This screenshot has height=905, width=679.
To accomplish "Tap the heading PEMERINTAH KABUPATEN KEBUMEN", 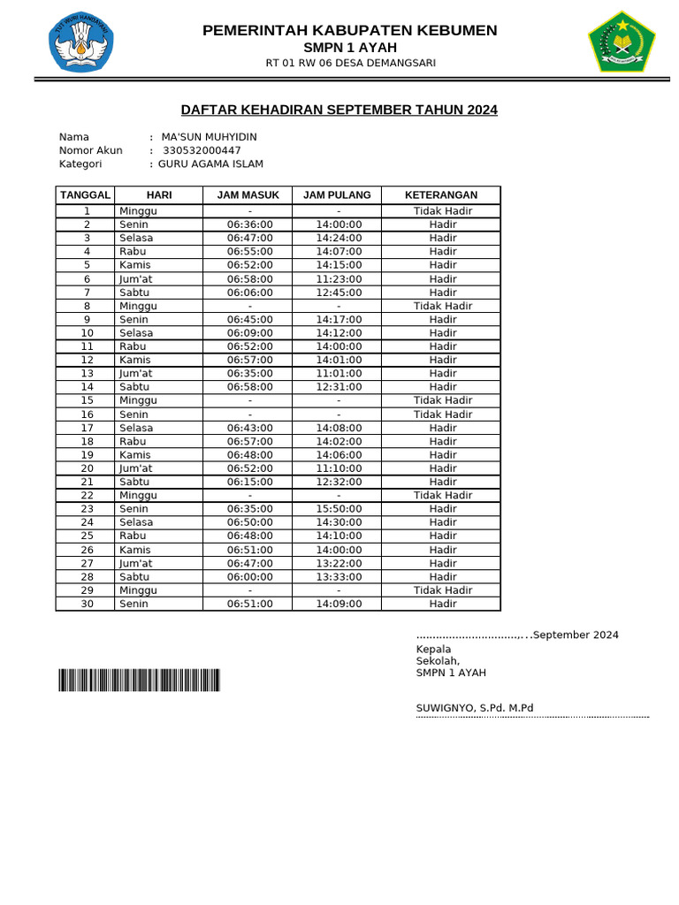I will pos(350,31).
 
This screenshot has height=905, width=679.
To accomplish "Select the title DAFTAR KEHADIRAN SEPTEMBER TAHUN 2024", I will pos(339,110).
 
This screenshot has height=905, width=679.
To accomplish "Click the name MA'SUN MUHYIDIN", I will pos(210,137).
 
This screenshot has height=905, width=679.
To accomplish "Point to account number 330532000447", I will pos(202,150).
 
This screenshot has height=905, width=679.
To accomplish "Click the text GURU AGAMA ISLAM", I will pos(210,164).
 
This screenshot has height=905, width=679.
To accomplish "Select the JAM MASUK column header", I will pos(248,194).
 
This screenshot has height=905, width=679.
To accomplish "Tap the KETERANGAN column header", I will pos(441,194).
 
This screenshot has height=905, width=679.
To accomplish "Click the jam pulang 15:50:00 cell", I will pos(339,509).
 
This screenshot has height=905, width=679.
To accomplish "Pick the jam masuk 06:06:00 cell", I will pos(249,293).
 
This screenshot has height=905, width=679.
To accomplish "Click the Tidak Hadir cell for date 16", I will pos(442,414).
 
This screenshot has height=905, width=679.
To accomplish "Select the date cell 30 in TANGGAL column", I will pos(87,604).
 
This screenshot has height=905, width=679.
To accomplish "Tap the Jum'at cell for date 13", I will pos(135,374).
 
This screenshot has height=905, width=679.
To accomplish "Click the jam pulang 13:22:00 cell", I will pos(339,563).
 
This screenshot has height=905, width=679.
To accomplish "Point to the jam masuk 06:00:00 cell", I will pos(249,576).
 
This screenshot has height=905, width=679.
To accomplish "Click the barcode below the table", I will pos(140,680).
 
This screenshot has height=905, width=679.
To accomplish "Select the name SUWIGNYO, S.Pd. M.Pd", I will pos(475,708).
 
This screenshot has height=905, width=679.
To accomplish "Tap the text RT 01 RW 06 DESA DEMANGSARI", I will pos(350,63).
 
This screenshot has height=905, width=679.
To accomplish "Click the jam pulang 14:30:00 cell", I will pos(339,522).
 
